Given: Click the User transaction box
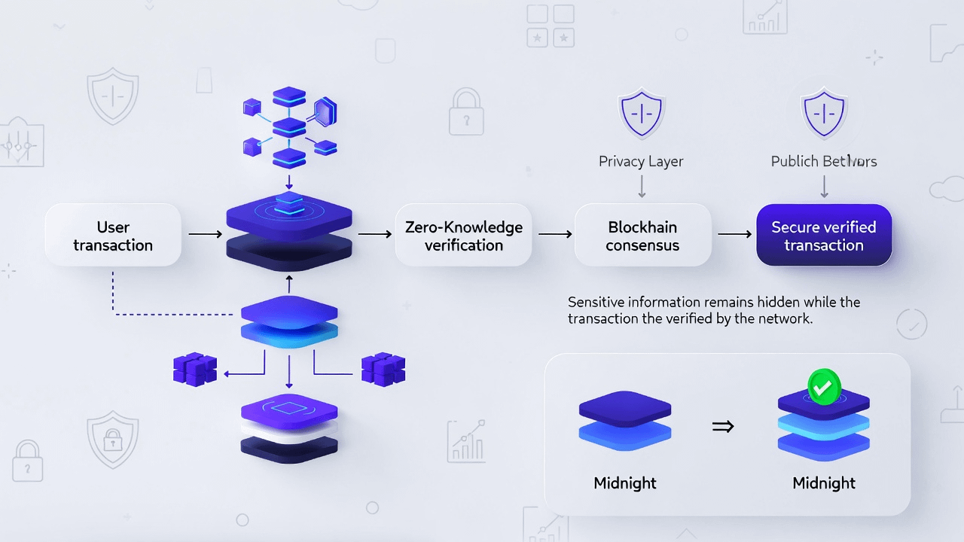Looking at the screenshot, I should [x=113, y=236].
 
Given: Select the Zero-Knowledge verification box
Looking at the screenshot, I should [x=464, y=236].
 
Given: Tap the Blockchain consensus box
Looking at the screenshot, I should [x=642, y=236].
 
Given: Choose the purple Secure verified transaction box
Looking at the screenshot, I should [x=824, y=236].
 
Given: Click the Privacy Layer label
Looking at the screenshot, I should [x=641, y=161].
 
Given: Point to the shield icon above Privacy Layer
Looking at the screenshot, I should [x=641, y=115].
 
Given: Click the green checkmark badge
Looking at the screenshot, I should [x=824, y=386].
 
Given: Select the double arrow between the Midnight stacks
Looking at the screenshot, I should [x=723, y=427].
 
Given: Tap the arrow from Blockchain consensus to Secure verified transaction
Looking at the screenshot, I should [x=734, y=235].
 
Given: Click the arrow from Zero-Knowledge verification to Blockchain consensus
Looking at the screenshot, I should [x=555, y=235].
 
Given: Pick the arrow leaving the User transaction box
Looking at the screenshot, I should [x=205, y=235].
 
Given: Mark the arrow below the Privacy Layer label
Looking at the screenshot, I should [x=642, y=186].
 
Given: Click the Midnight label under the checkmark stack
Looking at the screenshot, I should [x=824, y=483].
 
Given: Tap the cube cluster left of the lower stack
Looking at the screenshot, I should [x=194, y=370].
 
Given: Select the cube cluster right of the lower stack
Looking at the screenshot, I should [x=383, y=369].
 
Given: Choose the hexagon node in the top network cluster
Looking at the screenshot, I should [x=325, y=112].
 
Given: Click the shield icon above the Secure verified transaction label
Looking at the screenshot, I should [x=824, y=115].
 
